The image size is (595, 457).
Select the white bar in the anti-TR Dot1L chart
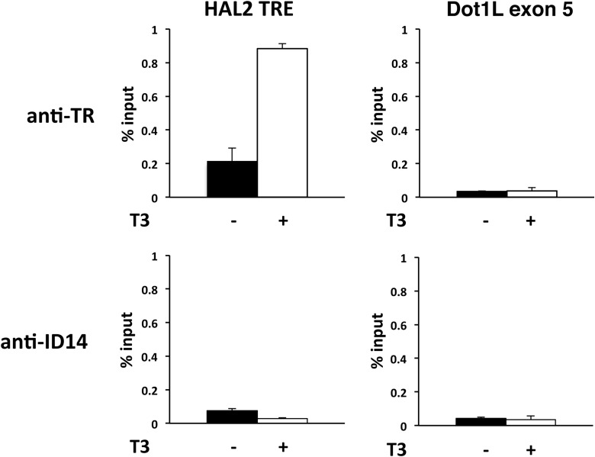click(x=532, y=194)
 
